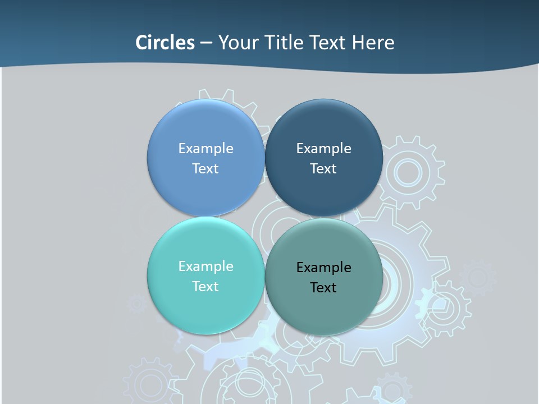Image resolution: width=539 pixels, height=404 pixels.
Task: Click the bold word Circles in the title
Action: click(165, 42)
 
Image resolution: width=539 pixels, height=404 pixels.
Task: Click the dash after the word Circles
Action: click(206, 43)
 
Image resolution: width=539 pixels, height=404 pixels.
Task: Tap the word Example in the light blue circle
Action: click(205, 148)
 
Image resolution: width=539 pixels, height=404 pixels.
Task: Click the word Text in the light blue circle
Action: click(205, 168)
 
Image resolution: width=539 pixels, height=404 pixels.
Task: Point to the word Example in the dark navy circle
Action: click(323, 148)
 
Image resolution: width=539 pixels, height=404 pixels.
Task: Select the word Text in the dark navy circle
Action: click(323, 168)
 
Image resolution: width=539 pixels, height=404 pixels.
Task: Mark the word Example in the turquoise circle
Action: click(205, 266)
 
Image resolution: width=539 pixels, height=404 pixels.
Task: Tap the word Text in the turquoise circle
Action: click(205, 286)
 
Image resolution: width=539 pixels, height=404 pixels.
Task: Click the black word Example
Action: click(323, 267)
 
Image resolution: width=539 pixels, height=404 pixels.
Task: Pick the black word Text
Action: click(323, 287)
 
